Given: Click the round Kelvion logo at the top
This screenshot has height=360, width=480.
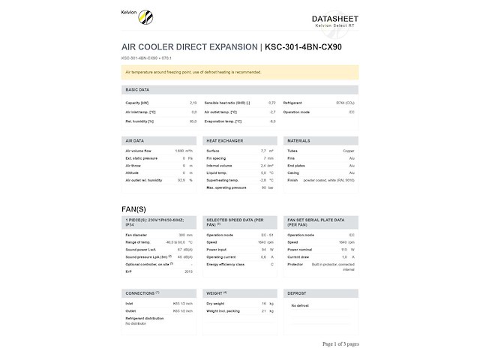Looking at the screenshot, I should click(144, 16).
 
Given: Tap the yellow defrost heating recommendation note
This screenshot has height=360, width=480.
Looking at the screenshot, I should click(239, 72).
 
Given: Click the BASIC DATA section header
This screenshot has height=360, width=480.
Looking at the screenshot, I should click(137, 89).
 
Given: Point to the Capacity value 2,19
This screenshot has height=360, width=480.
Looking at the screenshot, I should click(193, 102).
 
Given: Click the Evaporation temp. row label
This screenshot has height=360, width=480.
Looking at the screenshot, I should click(223, 121).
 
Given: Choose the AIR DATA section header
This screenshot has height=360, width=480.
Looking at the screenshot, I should click(135, 140).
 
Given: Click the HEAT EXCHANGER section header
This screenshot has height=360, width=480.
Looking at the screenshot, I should click(224, 140).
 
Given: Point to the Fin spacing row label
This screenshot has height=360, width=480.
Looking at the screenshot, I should click(216, 158).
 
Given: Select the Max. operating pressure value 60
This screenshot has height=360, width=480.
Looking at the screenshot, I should click(262, 187).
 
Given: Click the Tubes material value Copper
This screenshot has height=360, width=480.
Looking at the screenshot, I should click(349, 151).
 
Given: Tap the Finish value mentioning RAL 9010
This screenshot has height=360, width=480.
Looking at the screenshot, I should click(330, 180).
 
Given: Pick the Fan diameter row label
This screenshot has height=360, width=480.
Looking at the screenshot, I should click(139, 235).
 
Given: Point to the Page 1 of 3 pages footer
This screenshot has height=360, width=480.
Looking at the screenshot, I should click(340, 343).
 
